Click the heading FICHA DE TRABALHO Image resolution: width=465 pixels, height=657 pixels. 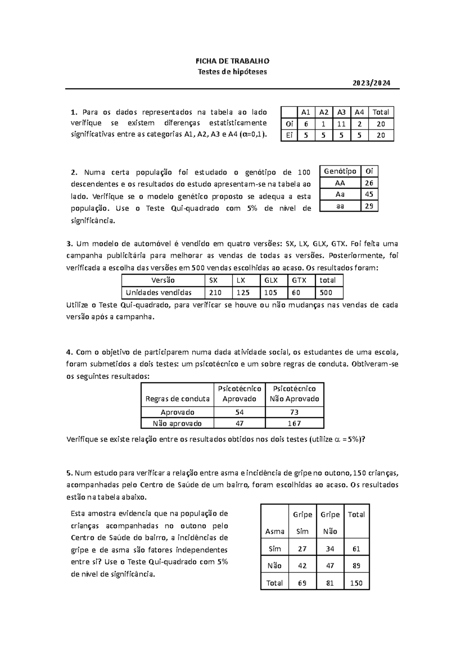point(232,61)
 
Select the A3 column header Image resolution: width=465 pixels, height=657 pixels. point(341,112)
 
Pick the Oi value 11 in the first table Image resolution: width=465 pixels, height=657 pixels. point(341,124)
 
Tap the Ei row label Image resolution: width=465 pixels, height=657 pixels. point(289,136)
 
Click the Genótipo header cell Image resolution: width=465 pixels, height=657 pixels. point(340,171)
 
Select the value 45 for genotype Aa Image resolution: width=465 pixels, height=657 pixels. point(369,194)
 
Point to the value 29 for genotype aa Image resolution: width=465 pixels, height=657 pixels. point(369,206)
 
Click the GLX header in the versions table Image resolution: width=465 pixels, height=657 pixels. point(271,280)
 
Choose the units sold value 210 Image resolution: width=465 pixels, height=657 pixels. point(215,293)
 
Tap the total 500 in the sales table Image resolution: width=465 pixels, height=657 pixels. point(326,293)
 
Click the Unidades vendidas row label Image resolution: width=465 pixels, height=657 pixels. point(159,293)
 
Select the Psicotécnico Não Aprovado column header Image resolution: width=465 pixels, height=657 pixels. point(294,394)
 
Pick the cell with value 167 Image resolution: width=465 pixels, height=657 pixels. point(294,423)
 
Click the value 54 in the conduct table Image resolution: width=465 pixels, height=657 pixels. point(239,412)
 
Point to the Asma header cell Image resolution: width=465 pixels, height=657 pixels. point(275,531)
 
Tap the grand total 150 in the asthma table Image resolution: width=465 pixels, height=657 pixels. point(356,583)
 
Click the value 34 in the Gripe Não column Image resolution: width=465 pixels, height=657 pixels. point(330,549)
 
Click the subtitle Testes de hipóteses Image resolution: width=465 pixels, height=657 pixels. point(232,72)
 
